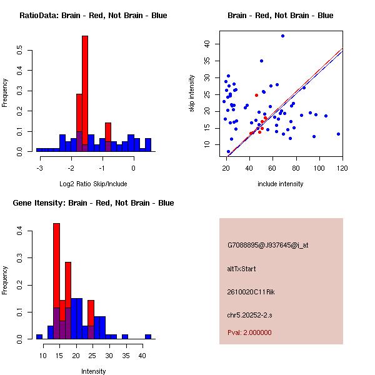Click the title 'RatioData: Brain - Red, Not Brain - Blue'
point(93,16)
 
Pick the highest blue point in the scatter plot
point(282,36)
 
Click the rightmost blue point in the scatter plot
point(338,134)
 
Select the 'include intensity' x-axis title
point(281,184)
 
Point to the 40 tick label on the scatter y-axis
point(206,43)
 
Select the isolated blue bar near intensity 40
point(148,336)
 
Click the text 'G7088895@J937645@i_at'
point(267,245)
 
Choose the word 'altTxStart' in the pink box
point(242,269)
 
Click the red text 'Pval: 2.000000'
point(249,332)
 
